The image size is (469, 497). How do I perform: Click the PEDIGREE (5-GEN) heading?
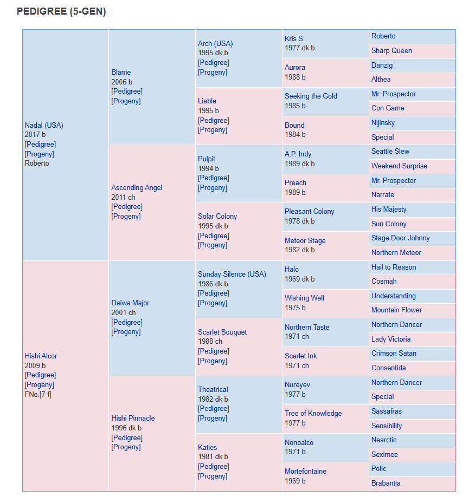click(x=61, y=11)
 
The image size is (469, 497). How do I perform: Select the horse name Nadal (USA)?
click(x=44, y=125)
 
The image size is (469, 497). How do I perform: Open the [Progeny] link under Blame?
click(x=126, y=101)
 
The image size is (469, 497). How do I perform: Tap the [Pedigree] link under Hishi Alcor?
click(x=40, y=375)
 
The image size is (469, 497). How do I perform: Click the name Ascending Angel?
click(x=137, y=188)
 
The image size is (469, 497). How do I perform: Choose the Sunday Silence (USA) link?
click(x=232, y=274)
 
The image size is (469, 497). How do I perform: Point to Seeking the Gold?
click(x=311, y=96)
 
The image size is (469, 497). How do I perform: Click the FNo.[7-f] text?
click(x=38, y=394)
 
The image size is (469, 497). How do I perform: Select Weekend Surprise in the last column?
click(x=400, y=166)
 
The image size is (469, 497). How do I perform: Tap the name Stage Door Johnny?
click(x=401, y=238)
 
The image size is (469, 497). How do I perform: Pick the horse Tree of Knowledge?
click(x=313, y=413)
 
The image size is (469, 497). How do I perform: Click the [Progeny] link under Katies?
click(x=213, y=476)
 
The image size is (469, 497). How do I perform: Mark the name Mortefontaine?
click(x=305, y=472)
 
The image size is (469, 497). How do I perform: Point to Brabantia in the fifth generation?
click(x=386, y=483)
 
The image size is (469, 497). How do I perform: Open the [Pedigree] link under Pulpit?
click(x=214, y=178)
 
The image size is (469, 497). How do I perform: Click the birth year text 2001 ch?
click(x=124, y=312)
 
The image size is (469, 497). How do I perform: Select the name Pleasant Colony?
click(x=310, y=212)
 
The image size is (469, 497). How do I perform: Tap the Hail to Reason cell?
click(x=394, y=267)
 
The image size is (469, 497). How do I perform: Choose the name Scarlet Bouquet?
click(x=222, y=332)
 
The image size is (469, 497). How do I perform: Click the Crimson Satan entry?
click(x=394, y=354)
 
